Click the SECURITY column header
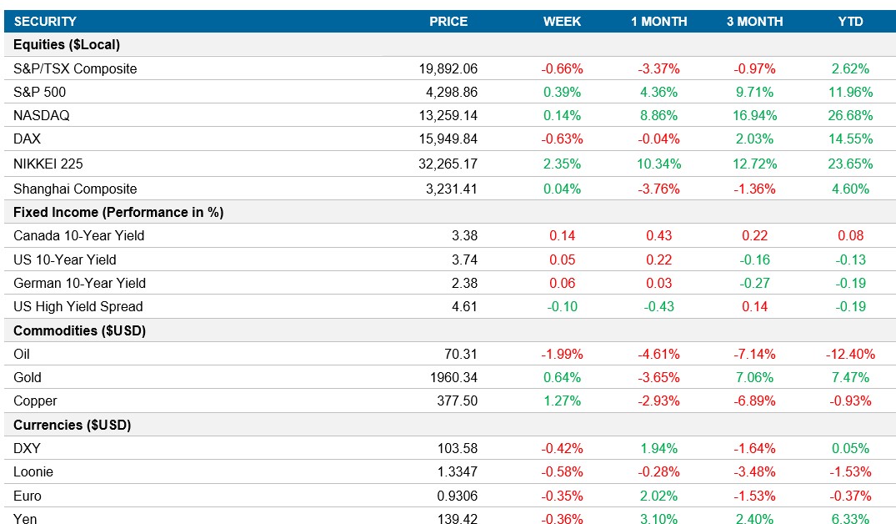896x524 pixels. (x=45, y=22)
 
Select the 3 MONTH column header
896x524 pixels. (x=754, y=22)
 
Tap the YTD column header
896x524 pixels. (x=850, y=22)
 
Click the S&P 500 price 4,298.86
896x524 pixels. (x=448, y=93)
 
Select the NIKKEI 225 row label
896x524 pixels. (x=48, y=164)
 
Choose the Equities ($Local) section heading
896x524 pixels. (x=67, y=45)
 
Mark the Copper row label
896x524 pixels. (x=35, y=401)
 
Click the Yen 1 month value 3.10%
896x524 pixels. (x=658, y=520)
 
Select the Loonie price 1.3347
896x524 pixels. (x=456, y=472)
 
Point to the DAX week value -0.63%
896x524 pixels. (x=563, y=139)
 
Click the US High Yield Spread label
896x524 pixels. (x=78, y=307)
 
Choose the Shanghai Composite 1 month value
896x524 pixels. (x=658, y=189)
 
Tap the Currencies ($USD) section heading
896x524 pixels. (x=73, y=425)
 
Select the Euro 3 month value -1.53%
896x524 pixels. (x=754, y=496)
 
